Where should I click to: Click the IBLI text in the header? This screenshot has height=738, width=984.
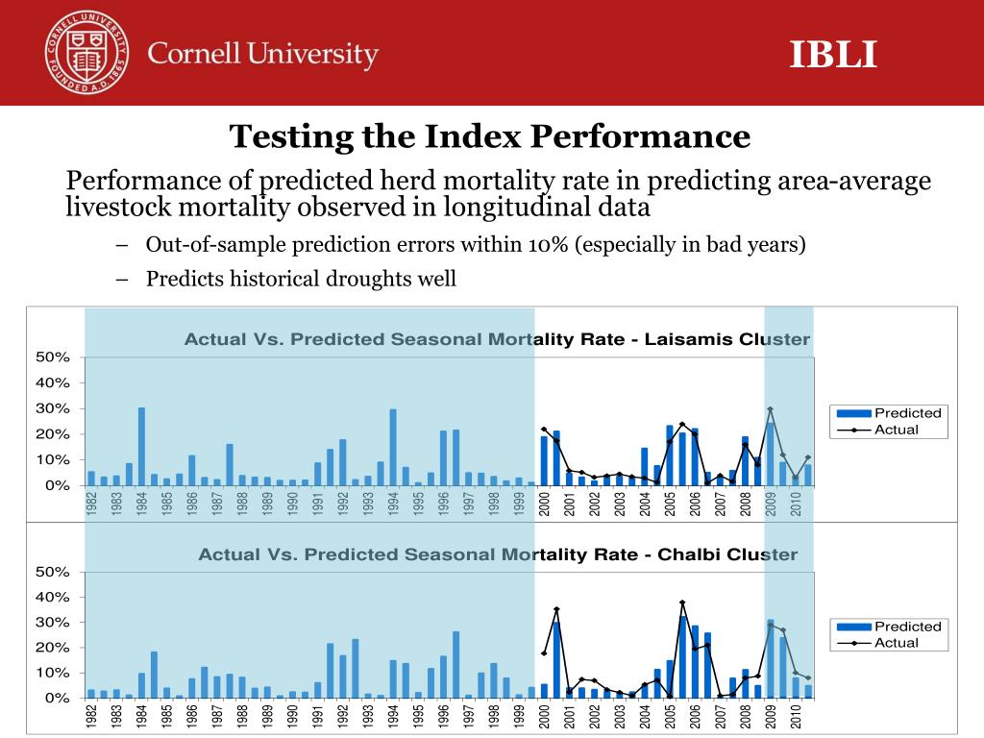point(833,55)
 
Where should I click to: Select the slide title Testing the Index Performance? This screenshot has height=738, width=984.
point(489,136)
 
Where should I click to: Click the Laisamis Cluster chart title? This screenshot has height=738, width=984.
point(497,339)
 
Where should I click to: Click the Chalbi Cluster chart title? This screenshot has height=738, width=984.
point(497,554)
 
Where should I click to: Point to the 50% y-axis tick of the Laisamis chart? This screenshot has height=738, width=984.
point(53,357)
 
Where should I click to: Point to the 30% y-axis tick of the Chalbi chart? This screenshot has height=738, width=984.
point(53,623)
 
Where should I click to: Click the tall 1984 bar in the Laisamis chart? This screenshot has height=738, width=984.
point(141,447)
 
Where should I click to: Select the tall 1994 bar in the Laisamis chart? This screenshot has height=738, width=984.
point(392,448)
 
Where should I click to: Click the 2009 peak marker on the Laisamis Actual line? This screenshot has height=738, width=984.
point(770,408)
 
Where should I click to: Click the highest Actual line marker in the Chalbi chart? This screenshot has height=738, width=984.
point(682,603)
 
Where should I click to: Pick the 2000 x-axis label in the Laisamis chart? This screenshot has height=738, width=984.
point(544,504)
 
